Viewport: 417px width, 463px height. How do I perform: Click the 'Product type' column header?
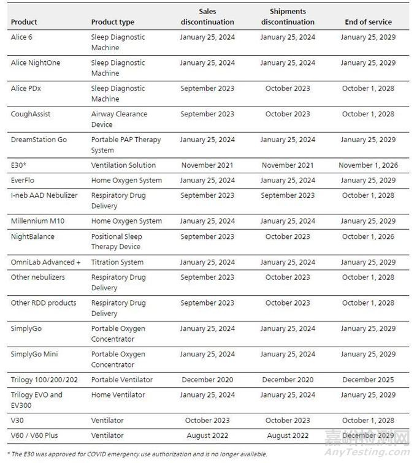pyautogui.click(x=112, y=22)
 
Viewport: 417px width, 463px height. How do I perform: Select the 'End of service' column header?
pyautogui.click(x=368, y=22)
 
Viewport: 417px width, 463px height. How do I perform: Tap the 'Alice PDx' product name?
pyautogui.click(x=26, y=88)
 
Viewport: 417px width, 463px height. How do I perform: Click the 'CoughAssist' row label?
pyautogui.click(x=30, y=114)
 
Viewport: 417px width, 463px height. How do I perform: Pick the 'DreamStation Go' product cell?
pyautogui.click(x=39, y=140)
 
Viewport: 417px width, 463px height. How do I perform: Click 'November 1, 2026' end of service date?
pyautogui.click(x=368, y=165)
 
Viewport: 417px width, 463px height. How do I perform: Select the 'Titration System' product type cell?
pyautogui.click(x=117, y=262)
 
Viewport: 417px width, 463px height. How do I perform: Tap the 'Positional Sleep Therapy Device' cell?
pyautogui.click(x=116, y=241)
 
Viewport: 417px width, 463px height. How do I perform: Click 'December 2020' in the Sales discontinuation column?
pyautogui.click(x=207, y=380)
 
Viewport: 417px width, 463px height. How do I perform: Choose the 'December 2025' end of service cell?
pyautogui.click(x=368, y=380)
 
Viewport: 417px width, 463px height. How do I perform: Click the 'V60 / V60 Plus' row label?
pyautogui.click(x=37, y=435)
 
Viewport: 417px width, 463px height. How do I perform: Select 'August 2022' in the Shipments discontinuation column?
pyautogui.click(x=288, y=435)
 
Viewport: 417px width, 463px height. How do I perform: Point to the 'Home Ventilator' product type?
pyautogui.click(x=118, y=395)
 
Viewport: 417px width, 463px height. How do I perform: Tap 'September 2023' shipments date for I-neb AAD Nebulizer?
pyautogui.click(x=288, y=195)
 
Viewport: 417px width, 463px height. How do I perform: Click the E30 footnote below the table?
pyautogui.click(x=138, y=454)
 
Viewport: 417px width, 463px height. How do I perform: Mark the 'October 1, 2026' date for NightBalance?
pyautogui.click(x=368, y=236)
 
